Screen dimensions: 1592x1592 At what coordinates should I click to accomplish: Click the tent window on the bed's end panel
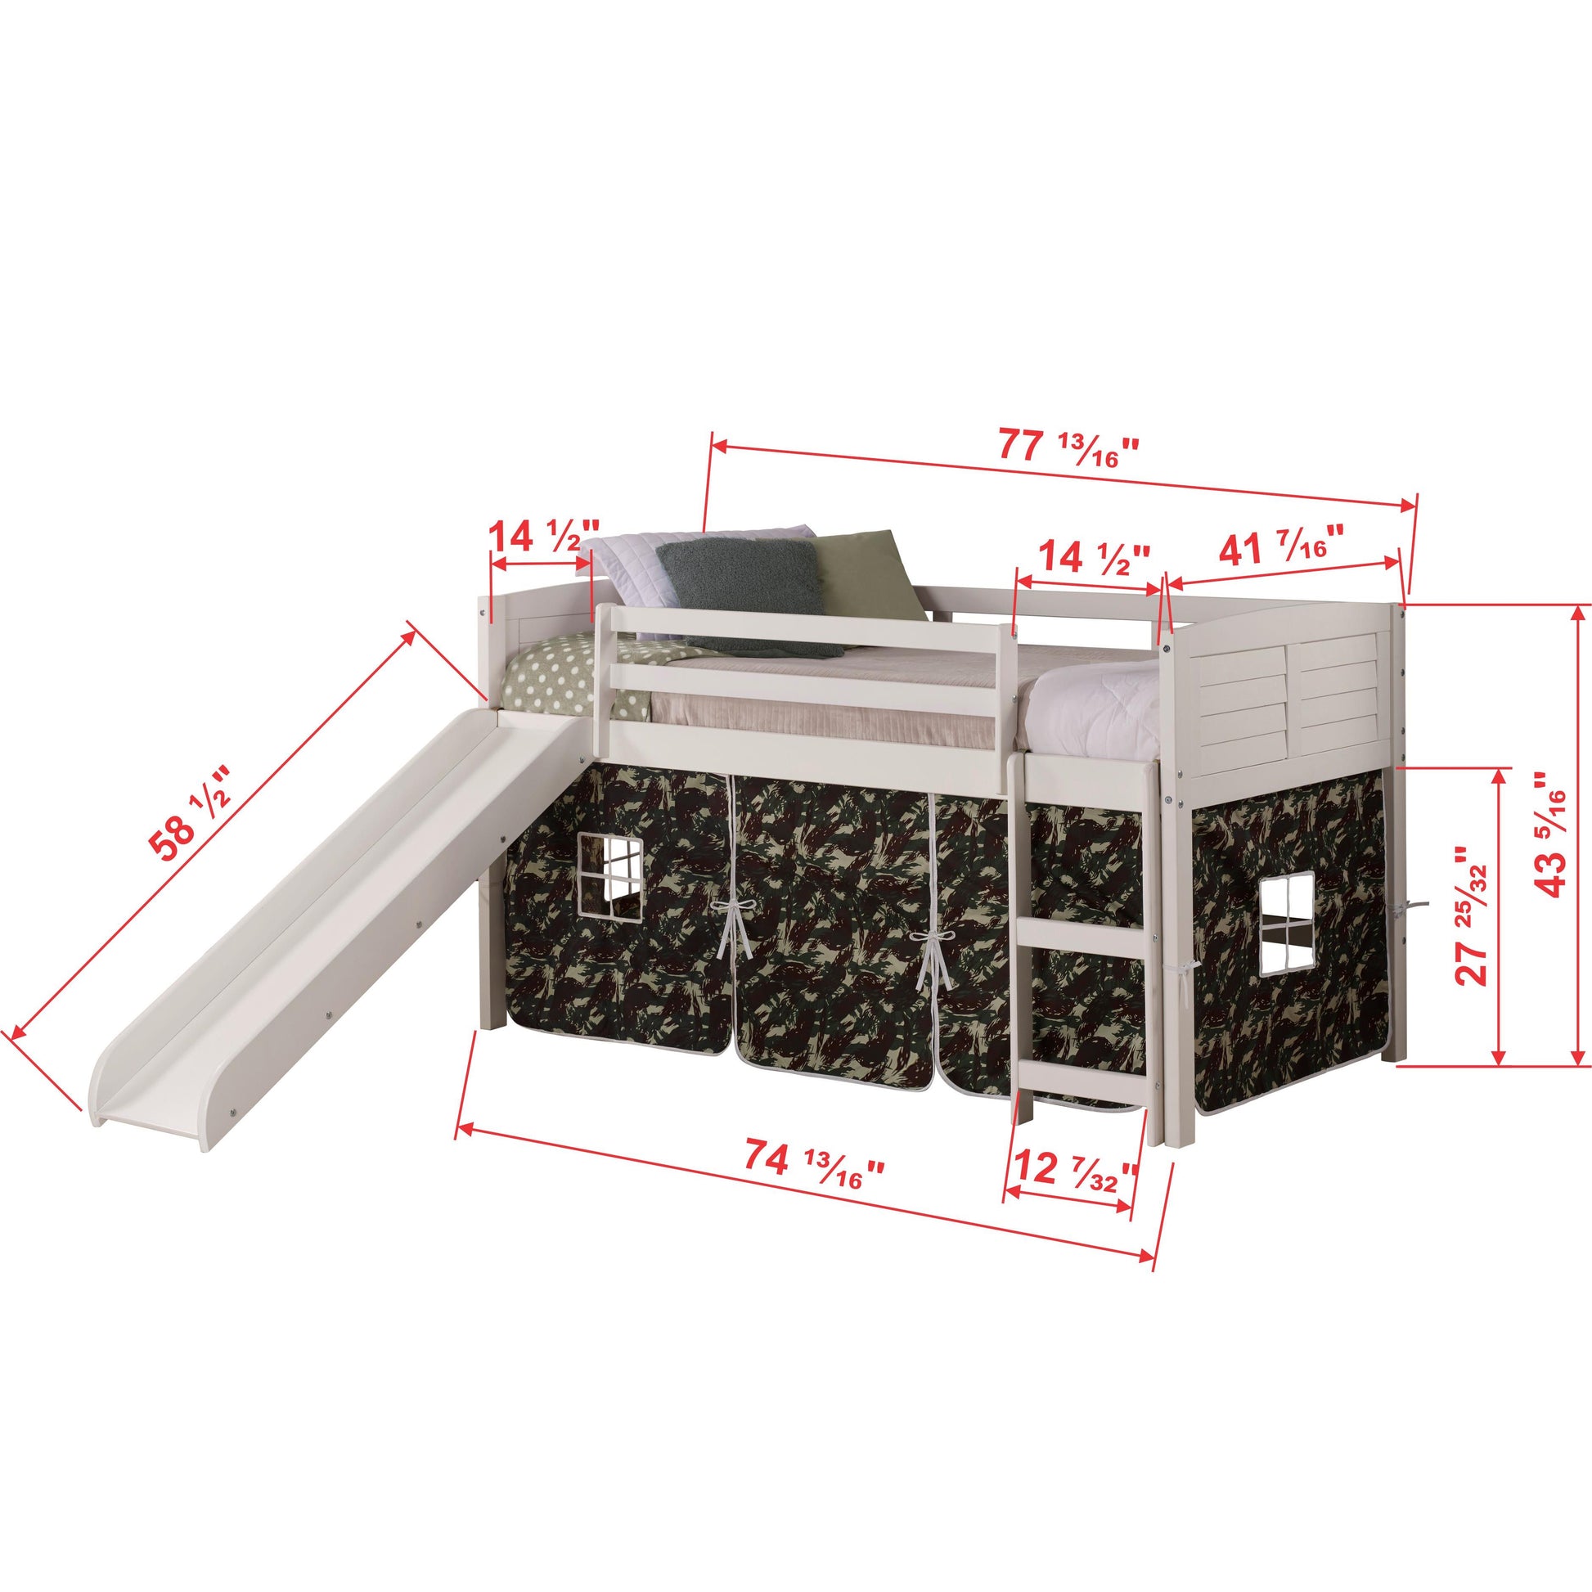[x=1287, y=923]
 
